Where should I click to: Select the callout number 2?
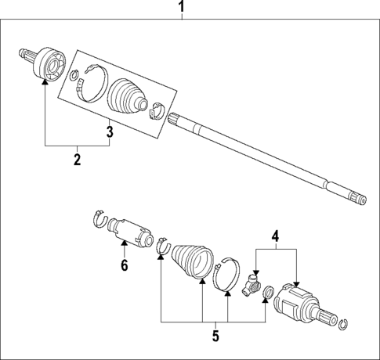78,160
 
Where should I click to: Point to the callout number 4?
275,235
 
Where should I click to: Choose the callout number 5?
214,337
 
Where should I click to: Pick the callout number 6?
124,266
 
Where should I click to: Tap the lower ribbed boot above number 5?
191,263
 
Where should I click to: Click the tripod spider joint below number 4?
252,284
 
